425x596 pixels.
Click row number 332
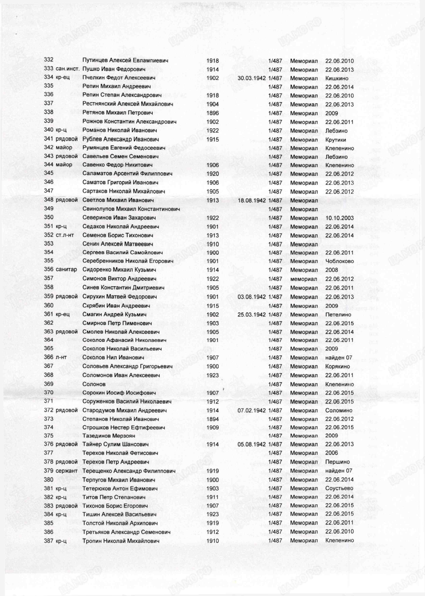(48, 60)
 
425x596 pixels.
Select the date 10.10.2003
(339, 218)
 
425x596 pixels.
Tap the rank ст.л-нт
(65, 235)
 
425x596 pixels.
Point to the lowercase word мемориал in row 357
(304, 279)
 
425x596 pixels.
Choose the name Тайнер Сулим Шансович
(115, 444)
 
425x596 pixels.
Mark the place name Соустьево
(339, 488)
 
